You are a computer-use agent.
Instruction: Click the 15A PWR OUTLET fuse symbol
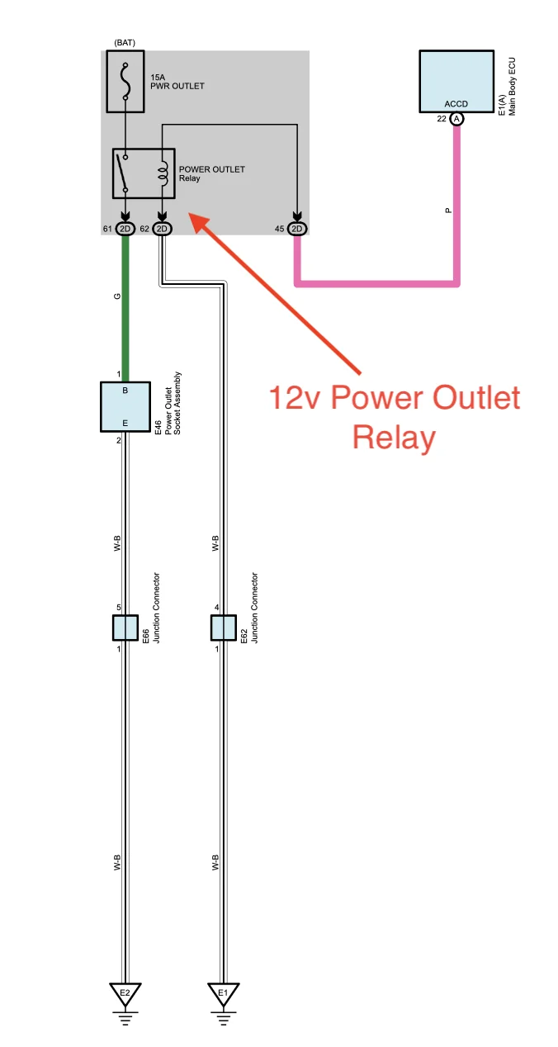(x=125, y=82)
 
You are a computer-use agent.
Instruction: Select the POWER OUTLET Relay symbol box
(x=144, y=173)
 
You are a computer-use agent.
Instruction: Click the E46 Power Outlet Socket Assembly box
(x=125, y=406)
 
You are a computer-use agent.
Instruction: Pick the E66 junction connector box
(x=125, y=628)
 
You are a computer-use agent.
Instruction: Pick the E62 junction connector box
(x=223, y=628)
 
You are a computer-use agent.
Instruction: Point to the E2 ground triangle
(x=125, y=993)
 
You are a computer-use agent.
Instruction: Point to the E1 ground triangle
(x=223, y=993)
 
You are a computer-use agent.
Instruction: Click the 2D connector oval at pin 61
(x=125, y=229)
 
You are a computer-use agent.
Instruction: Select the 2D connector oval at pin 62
(x=162, y=229)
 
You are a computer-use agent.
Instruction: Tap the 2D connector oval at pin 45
(x=298, y=229)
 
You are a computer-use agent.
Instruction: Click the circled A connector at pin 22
(x=456, y=120)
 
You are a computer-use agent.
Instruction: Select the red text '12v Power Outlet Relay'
(x=395, y=418)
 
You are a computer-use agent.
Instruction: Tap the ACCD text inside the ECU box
(x=456, y=105)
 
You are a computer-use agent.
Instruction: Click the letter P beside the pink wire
(x=448, y=211)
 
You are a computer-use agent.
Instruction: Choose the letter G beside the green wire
(x=117, y=296)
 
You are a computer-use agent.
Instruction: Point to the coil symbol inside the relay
(x=163, y=173)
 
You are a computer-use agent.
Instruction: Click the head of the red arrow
(x=196, y=216)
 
